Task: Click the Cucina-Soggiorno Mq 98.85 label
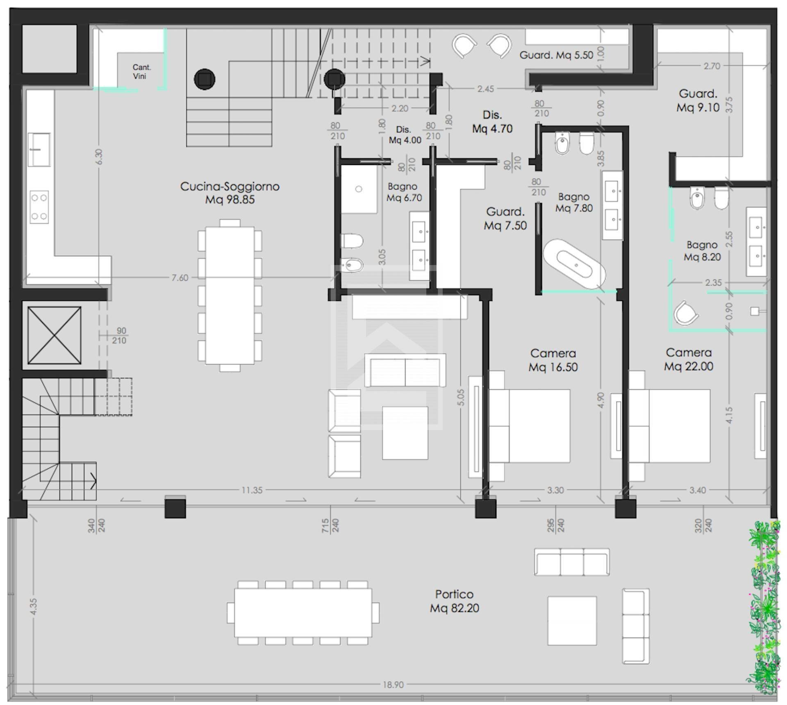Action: [230, 193]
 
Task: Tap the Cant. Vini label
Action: [141, 71]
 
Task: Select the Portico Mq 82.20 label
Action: [454, 601]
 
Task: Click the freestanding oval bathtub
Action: [574, 265]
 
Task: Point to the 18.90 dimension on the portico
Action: [393, 684]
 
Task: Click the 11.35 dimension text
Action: [252, 490]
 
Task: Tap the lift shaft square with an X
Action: [54, 335]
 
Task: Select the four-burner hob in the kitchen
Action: [39, 207]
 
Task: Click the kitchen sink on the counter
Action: [39, 149]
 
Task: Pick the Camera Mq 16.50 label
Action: [553, 360]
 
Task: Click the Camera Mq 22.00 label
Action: [689, 359]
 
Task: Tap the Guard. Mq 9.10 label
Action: [698, 101]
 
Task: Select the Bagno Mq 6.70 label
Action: [404, 192]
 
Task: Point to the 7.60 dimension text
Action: [180, 278]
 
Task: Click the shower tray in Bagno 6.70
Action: [359, 189]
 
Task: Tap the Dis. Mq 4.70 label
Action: [492, 122]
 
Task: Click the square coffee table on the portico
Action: [572, 621]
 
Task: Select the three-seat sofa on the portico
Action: [571, 562]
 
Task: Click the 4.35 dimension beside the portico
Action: [34, 606]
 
